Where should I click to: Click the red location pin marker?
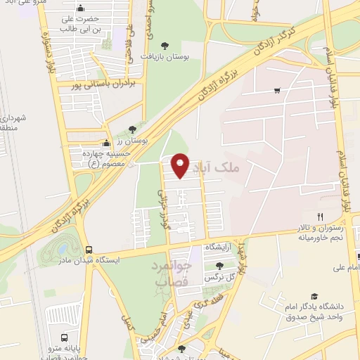(x=181, y=165)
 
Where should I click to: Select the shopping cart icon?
(x=278, y=90)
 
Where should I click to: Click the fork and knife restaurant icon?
(x=320, y=217)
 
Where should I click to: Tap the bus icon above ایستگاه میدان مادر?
(x=89, y=249)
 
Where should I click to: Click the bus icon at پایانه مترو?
(x=65, y=337)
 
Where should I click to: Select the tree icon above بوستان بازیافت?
(x=165, y=44)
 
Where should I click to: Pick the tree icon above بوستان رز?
(x=132, y=129)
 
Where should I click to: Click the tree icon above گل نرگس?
(x=220, y=266)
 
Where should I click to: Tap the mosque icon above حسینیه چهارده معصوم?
(x=106, y=143)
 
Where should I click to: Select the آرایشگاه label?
(x=220, y=248)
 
